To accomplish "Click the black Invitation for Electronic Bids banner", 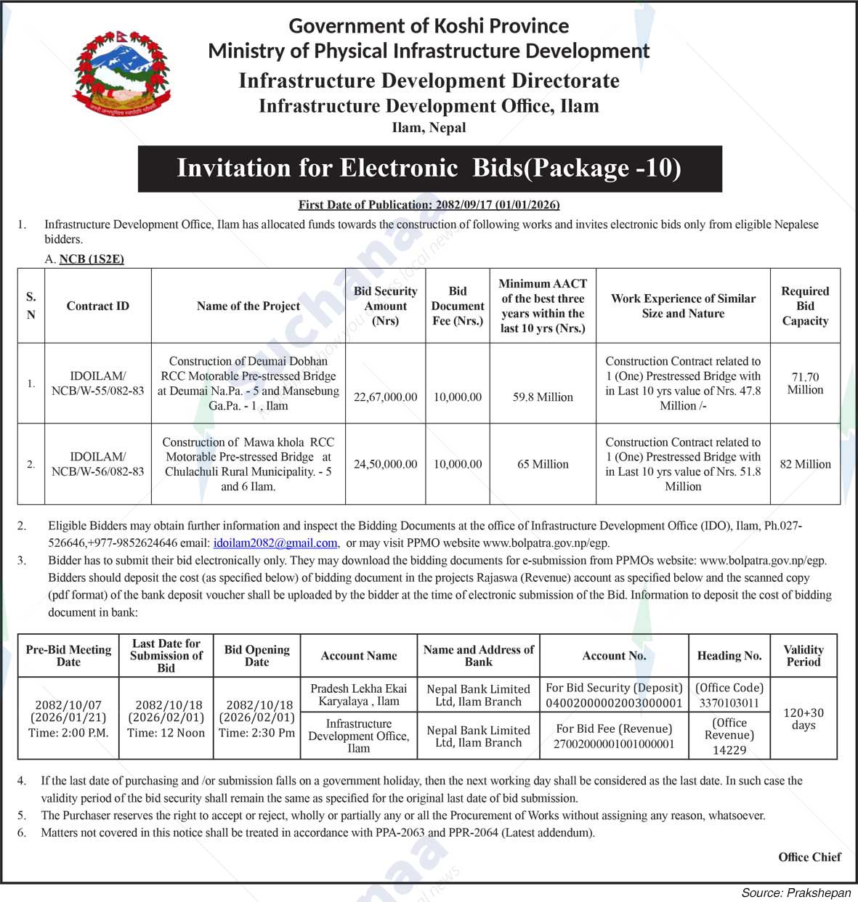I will click(x=429, y=168).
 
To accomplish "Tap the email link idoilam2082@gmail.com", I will click(x=275, y=543).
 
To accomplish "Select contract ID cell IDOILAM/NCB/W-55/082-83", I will click(x=97, y=383).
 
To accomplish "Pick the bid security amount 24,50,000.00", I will click(x=385, y=464).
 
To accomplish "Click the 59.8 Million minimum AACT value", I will click(x=543, y=397).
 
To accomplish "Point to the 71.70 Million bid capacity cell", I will click(x=805, y=383).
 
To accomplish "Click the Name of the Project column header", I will click(x=248, y=306).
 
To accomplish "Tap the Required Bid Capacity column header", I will click(x=805, y=306).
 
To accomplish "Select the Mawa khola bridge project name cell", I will click(x=248, y=464).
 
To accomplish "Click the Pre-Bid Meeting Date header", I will click(x=68, y=656).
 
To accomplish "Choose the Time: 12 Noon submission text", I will click(x=166, y=733).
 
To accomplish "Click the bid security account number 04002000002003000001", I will click(x=615, y=703).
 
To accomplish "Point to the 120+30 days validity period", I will click(x=803, y=719).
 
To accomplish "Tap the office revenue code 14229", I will click(x=729, y=750).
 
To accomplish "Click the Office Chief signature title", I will click(x=809, y=857).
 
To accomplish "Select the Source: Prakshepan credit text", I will click(x=796, y=893).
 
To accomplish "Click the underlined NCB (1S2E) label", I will click(x=92, y=259).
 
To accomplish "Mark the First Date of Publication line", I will click(x=429, y=205).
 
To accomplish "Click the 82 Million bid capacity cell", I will click(x=805, y=464).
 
